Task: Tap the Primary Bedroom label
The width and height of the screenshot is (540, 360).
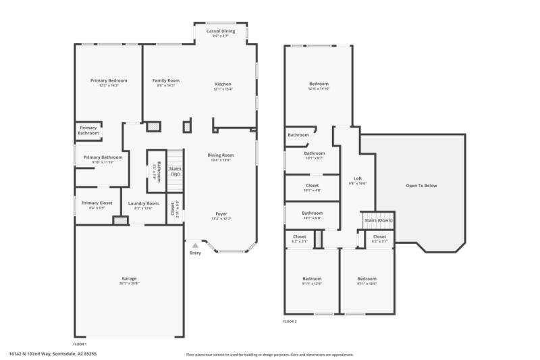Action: tap(109, 80)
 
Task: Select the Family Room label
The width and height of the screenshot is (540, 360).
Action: tap(165, 80)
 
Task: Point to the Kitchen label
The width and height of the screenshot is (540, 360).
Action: tap(223, 84)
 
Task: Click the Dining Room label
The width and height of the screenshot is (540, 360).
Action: tap(221, 155)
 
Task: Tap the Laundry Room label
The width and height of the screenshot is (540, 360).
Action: tap(143, 203)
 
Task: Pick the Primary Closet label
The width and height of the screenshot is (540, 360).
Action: tap(97, 203)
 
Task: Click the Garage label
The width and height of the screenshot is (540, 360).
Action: tap(129, 278)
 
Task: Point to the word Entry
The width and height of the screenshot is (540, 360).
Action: tap(195, 253)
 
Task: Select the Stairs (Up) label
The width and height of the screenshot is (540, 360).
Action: tap(175, 172)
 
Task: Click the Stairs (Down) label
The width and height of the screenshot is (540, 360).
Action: tap(379, 220)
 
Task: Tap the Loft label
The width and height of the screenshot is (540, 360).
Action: tap(358, 178)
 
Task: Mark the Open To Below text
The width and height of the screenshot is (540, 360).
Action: tap(421, 186)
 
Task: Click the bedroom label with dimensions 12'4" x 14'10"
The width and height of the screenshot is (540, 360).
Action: tap(319, 84)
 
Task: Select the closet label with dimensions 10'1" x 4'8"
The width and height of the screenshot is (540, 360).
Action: tap(312, 185)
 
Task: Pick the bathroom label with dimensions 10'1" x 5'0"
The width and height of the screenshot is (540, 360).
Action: tap(312, 213)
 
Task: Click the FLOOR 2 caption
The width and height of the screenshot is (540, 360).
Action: tap(290, 322)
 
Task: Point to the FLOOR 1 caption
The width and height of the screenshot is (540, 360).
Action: tap(80, 344)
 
